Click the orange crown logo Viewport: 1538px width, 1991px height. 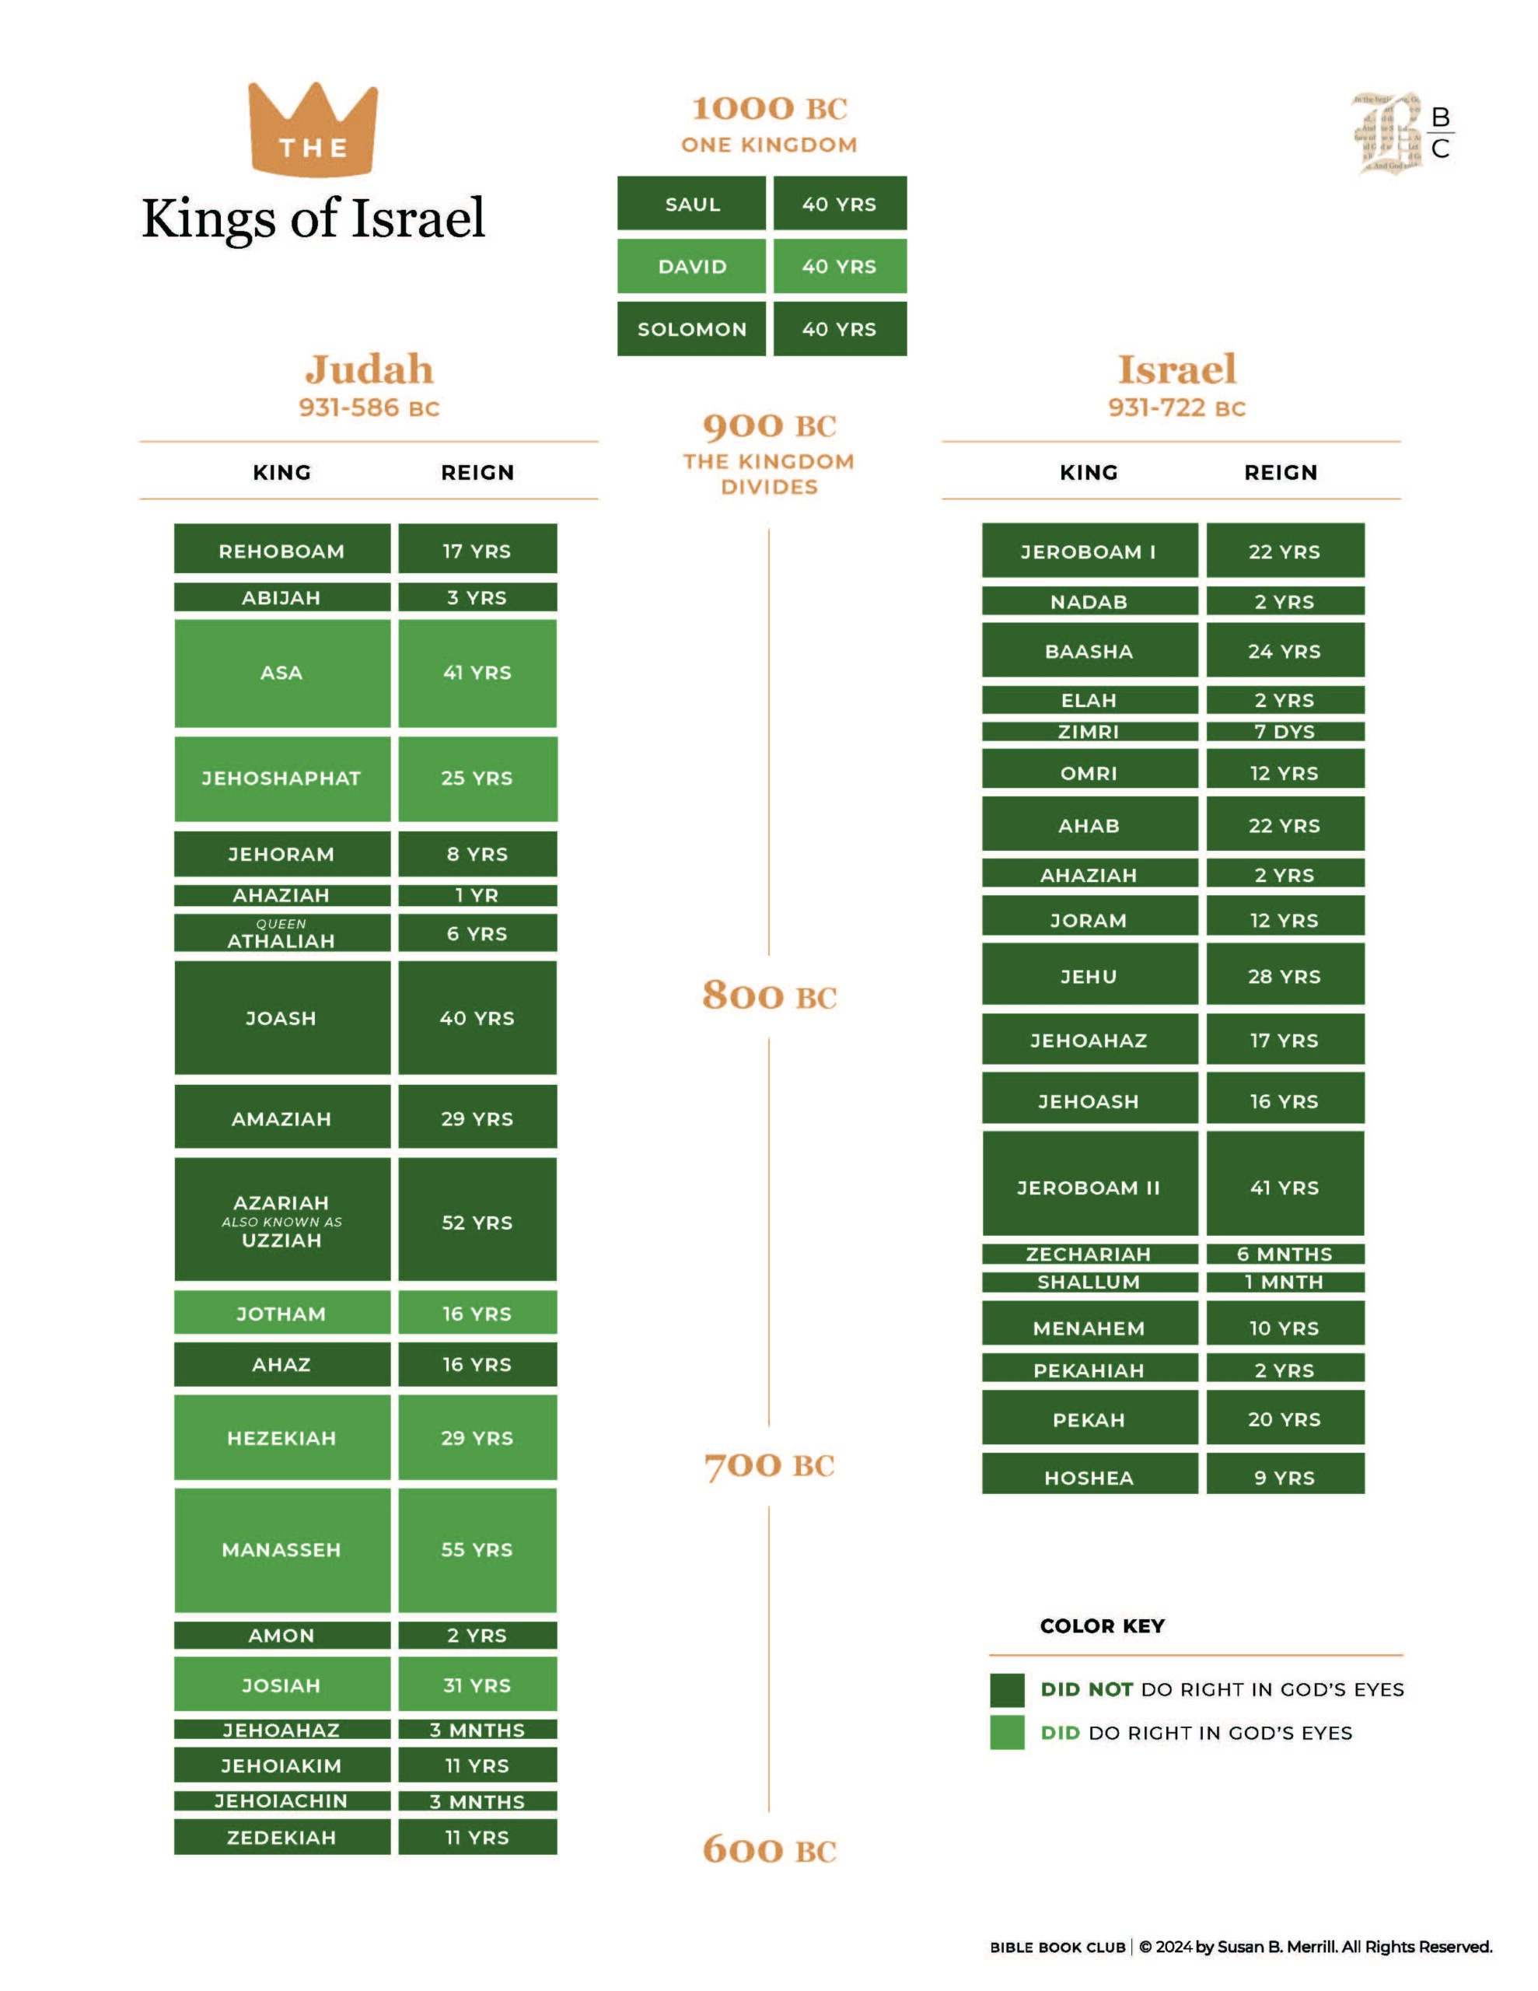pyautogui.click(x=313, y=128)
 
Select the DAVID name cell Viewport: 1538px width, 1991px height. pyautogui.click(x=692, y=266)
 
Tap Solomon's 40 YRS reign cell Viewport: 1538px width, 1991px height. pyautogui.click(x=839, y=329)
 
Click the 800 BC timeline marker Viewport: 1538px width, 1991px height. pyautogui.click(x=768, y=995)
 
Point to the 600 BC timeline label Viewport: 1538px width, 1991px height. pyautogui.click(x=768, y=1849)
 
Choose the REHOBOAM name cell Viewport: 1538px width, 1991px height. pyautogui.click(x=281, y=550)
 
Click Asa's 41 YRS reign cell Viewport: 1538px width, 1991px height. pyautogui.click(x=477, y=673)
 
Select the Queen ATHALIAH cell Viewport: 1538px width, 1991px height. pyautogui.click(x=281, y=933)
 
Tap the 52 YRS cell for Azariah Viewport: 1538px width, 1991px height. pyautogui.click(x=477, y=1222)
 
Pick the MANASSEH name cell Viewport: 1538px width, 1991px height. pyautogui.click(x=281, y=1550)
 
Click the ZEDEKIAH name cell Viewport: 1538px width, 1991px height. pyautogui.click(x=281, y=1837)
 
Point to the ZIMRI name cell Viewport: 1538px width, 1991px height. pyautogui.click(x=1089, y=731)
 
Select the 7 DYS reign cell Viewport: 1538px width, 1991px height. pyautogui.click(x=1285, y=731)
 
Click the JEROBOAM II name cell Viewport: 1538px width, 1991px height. pyautogui.click(x=1089, y=1187)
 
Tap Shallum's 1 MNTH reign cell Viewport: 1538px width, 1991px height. pyautogui.click(x=1285, y=1282)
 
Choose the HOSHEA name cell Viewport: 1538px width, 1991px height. pyautogui.click(x=1089, y=1477)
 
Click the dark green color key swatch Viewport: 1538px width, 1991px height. pyautogui.click(x=1006, y=1689)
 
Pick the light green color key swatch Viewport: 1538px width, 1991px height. pyautogui.click(x=1006, y=1732)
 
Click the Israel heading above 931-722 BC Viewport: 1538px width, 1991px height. pyautogui.click(x=1176, y=369)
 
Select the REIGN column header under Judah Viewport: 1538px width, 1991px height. pyautogui.click(x=477, y=472)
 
